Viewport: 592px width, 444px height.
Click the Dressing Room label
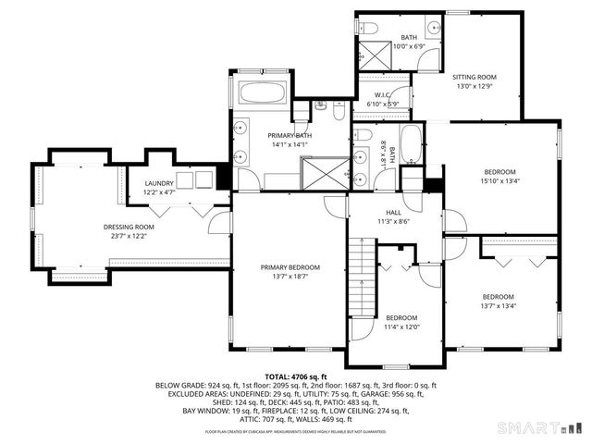click(129, 227)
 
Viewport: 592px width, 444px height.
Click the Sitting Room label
click(475, 78)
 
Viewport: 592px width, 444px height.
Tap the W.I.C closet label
click(383, 95)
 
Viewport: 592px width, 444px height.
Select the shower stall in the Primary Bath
click(324, 173)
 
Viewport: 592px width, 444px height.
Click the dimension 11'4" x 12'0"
click(402, 326)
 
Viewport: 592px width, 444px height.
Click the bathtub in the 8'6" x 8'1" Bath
click(411, 149)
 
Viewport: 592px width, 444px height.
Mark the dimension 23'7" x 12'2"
click(129, 236)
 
